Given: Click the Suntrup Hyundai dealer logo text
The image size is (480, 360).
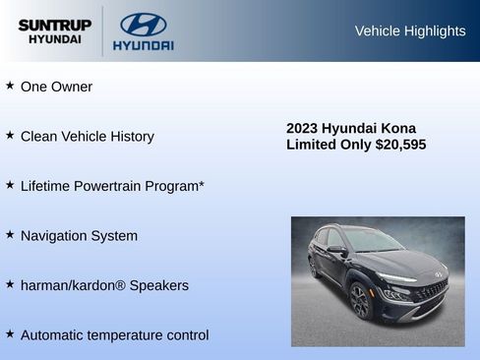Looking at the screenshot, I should point(54,30).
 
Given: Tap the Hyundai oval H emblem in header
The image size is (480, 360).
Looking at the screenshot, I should point(143,25).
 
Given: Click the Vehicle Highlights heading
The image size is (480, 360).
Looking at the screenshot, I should point(409,31).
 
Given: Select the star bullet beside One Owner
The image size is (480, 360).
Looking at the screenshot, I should point(10,86).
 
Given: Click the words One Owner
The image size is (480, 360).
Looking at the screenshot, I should point(56,87).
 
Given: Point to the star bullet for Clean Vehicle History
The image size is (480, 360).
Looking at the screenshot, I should point(10,135).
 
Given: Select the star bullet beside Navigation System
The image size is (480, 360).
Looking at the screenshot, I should point(10,234).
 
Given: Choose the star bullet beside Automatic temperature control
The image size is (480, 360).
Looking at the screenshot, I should point(10,333).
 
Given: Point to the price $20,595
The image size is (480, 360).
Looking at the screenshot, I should point(400,145).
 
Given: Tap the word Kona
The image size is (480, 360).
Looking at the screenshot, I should point(397,128).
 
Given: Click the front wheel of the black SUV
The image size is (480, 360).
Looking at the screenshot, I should point(360,301).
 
